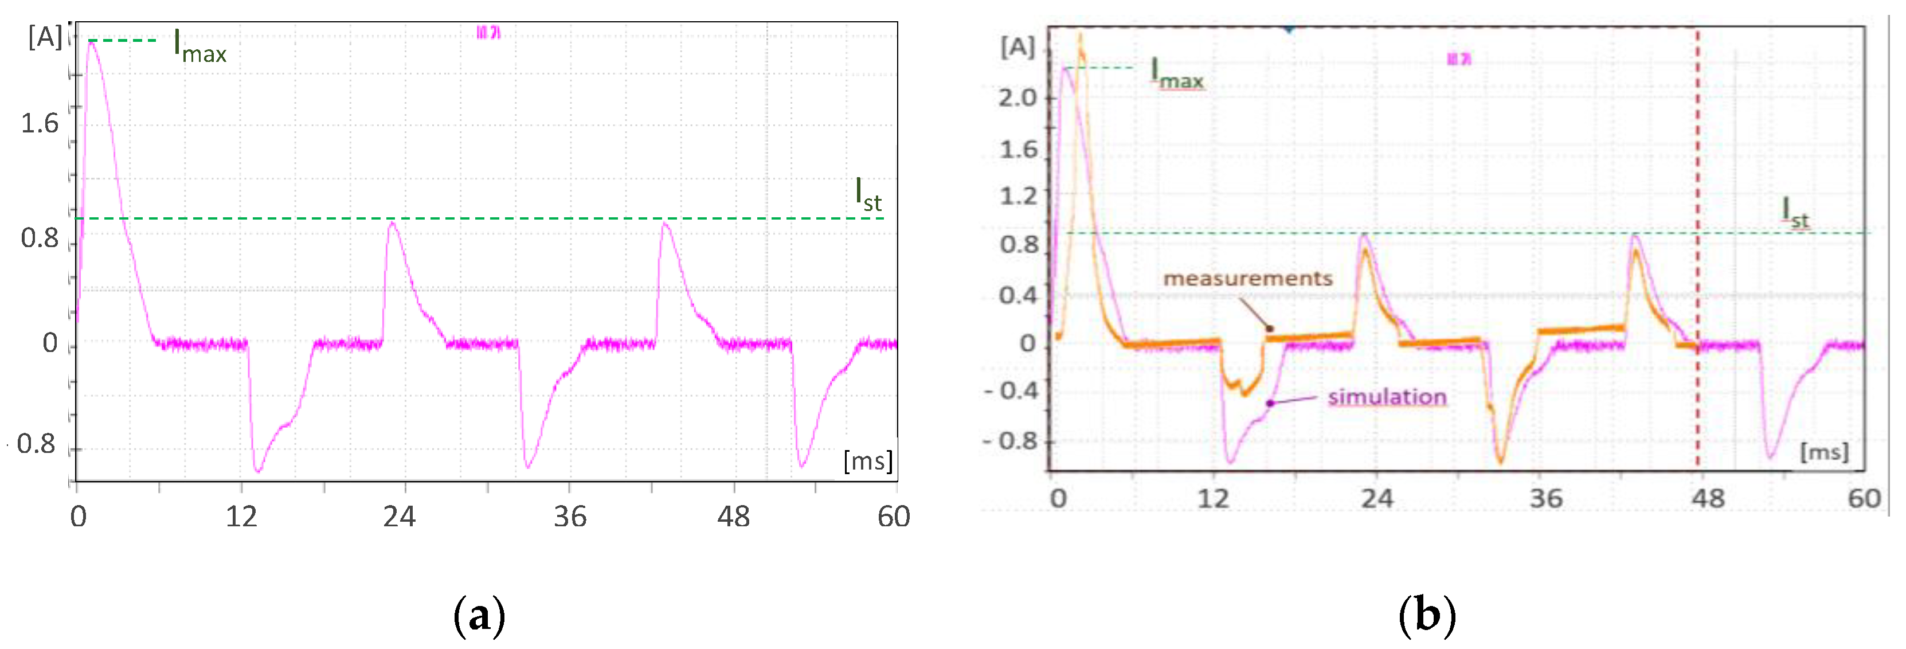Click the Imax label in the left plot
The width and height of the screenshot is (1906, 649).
click(x=198, y=46)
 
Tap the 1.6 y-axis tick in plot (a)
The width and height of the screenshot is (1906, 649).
click(x=39, y=124)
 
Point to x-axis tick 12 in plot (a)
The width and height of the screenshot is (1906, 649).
click(x=241, y=517)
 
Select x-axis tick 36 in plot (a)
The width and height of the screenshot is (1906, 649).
click(x=570, y=517)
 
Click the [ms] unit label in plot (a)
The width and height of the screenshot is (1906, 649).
click(x=867, y=461)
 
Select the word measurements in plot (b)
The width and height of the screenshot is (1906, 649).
click(x=1247, y=279)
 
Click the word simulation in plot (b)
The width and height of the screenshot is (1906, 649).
click(x=1387, y=397)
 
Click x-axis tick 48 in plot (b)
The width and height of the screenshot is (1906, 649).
click(x=1708, y=499)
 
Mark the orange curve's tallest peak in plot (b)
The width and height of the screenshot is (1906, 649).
click(x=1081, y=36)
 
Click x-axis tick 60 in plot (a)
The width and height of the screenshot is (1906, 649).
click(x=893, y=517)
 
